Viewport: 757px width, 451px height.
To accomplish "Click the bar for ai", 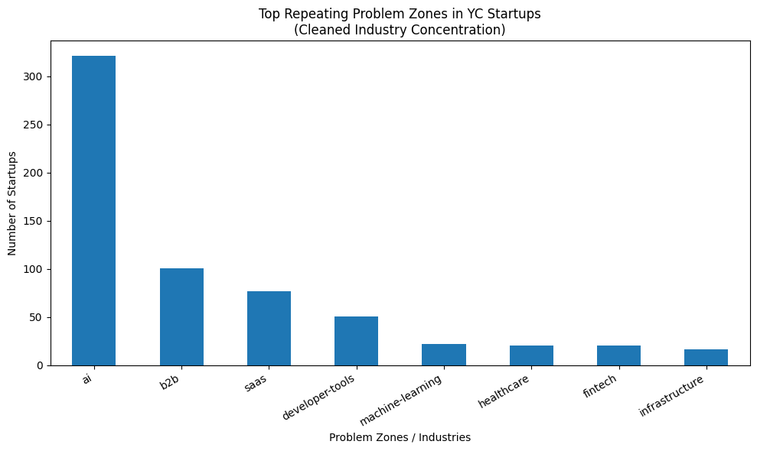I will [93, 210].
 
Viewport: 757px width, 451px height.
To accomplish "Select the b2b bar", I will [181, 316].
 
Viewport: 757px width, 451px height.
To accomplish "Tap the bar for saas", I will [269, 328].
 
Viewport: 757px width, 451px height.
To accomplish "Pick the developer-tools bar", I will [356, 341].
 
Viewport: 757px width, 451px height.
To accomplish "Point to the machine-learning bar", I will [444, 355].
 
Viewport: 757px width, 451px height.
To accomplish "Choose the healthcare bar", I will [531, 355].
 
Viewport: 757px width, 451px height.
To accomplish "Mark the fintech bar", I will [618, 355].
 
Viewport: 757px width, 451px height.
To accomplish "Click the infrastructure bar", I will [706, 357].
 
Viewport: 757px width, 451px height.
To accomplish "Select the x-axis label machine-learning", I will [402, 400].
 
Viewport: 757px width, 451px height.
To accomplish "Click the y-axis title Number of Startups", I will [12, 203].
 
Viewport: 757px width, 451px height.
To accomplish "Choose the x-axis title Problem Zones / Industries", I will [400, 437].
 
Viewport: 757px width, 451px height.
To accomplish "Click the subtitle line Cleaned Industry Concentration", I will [400, 30].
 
